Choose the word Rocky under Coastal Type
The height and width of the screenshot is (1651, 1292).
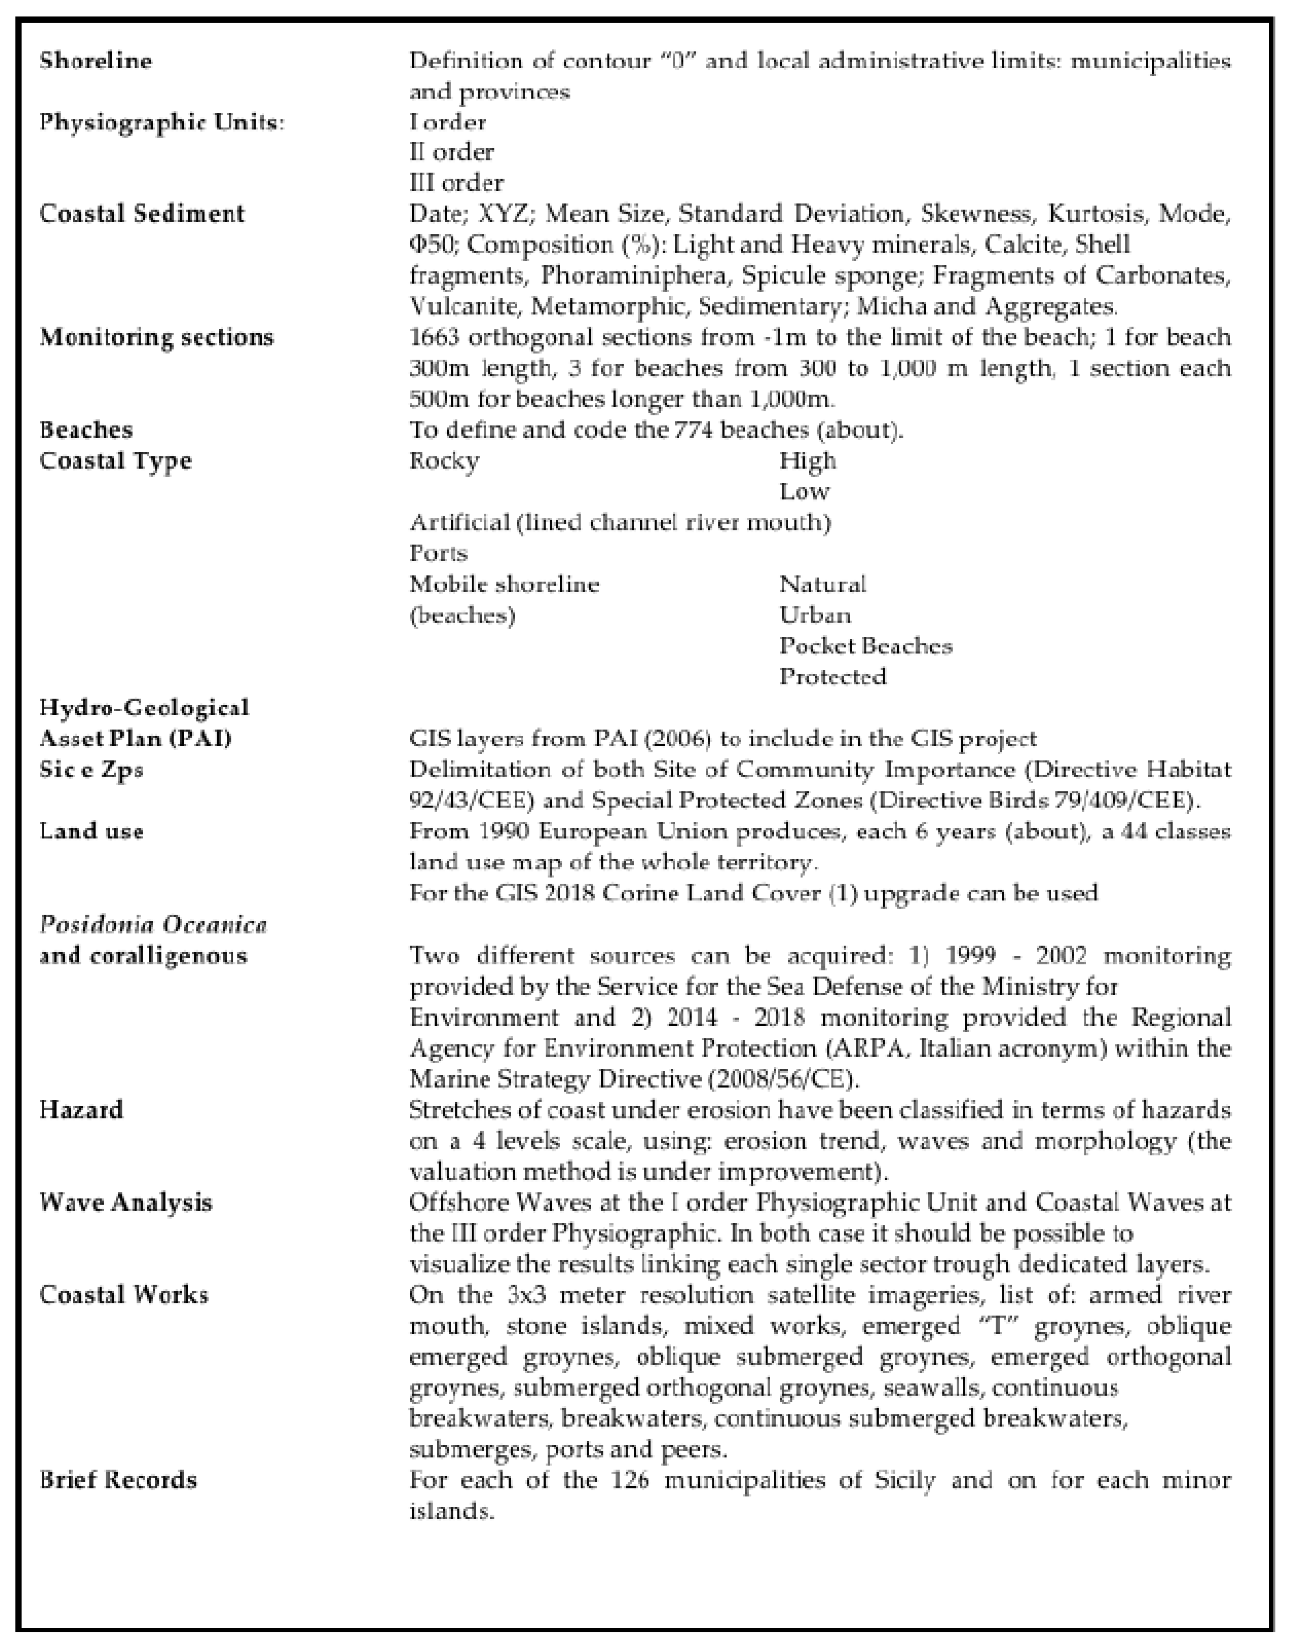(444, 460)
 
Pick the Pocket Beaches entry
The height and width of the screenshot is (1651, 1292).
(865, 646)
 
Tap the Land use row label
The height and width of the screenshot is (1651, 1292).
(91, 831)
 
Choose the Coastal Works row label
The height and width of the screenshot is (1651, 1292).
(123, 1295)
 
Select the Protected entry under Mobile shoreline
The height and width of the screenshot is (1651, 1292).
(832, 676)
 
